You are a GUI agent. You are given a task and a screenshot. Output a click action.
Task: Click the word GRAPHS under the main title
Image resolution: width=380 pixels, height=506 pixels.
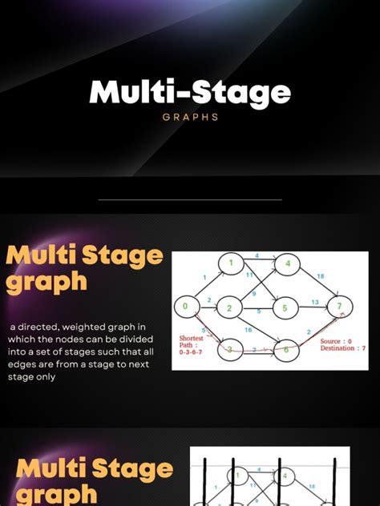coord(189,117)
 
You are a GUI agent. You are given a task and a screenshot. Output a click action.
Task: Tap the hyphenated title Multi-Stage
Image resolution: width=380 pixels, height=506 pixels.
coord(190,93)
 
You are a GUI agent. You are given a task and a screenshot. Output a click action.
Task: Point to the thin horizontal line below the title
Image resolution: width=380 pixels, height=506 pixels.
coord(190,199)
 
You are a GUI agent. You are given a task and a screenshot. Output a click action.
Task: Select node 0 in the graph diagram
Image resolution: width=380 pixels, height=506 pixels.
coord(185,306)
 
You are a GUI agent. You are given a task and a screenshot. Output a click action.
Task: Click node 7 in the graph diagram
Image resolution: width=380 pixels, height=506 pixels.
coord(340,306)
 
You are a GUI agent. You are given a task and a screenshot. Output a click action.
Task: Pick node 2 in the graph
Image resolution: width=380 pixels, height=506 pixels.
coord(229,307)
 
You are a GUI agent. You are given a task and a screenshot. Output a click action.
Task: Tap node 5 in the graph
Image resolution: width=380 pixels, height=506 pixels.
coord(285,307)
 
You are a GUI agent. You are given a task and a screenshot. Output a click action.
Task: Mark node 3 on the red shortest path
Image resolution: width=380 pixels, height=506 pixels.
coord(229,349)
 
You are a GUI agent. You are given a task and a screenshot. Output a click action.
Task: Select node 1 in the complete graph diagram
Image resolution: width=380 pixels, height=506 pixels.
coord(230,263)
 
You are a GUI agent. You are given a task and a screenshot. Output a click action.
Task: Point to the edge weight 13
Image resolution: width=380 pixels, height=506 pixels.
coord(315,302)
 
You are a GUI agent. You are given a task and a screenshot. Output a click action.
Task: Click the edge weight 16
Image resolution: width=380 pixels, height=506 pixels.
coord(249,330)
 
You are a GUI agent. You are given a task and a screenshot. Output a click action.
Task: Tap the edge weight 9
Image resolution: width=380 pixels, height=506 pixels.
coord(254,293)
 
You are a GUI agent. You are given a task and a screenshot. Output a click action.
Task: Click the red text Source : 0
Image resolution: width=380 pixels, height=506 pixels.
coord(336,341)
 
